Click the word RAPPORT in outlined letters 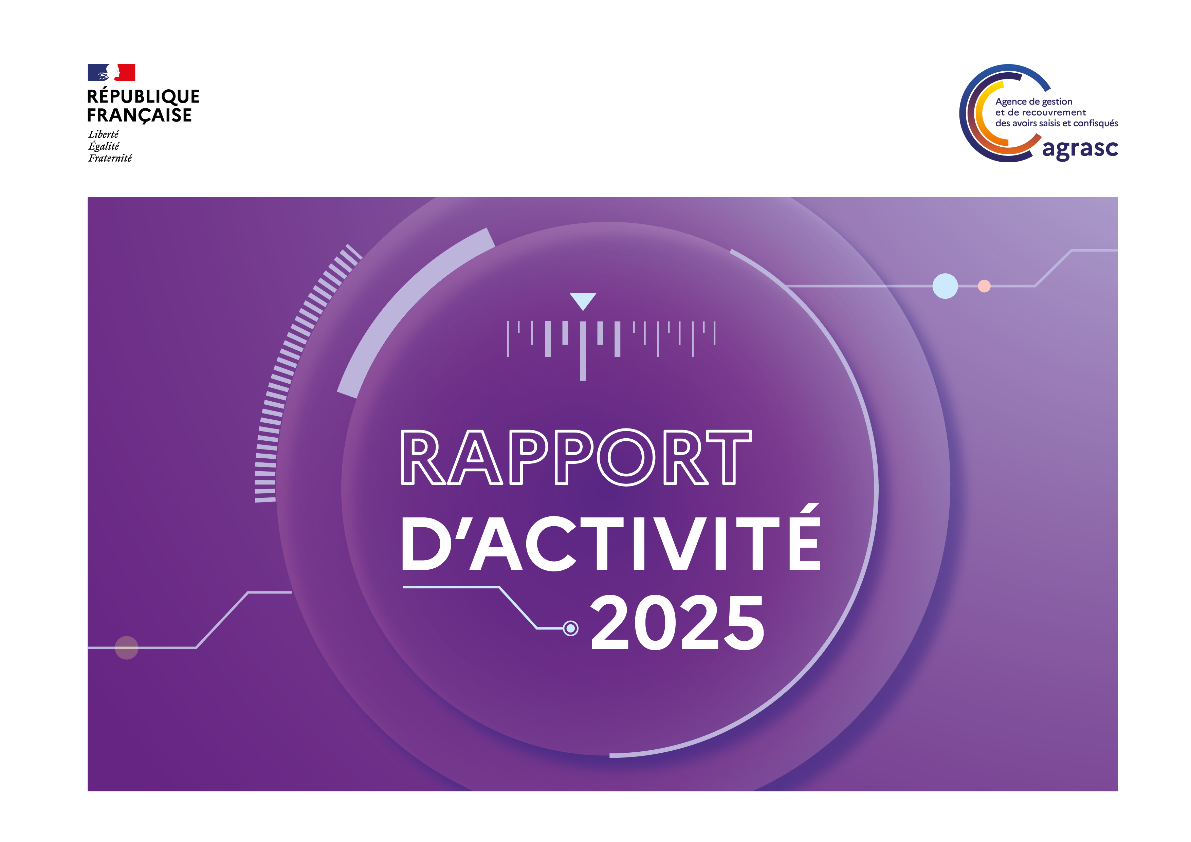[x=576, y=457]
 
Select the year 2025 [x=677, y=623]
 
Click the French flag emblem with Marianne [x=111, y=73]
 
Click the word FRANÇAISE [x=139, y=115]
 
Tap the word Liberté [x=103, y=134]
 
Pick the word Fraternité [x=110, y=158]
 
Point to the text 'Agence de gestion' [x=1034, y=102]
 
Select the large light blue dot [x=945, y=286]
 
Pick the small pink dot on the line [x=984, y=286]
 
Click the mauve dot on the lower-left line [x=127, y=647]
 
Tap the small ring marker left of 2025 [x=571, y=628]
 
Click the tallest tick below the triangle [x=583, y=351]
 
